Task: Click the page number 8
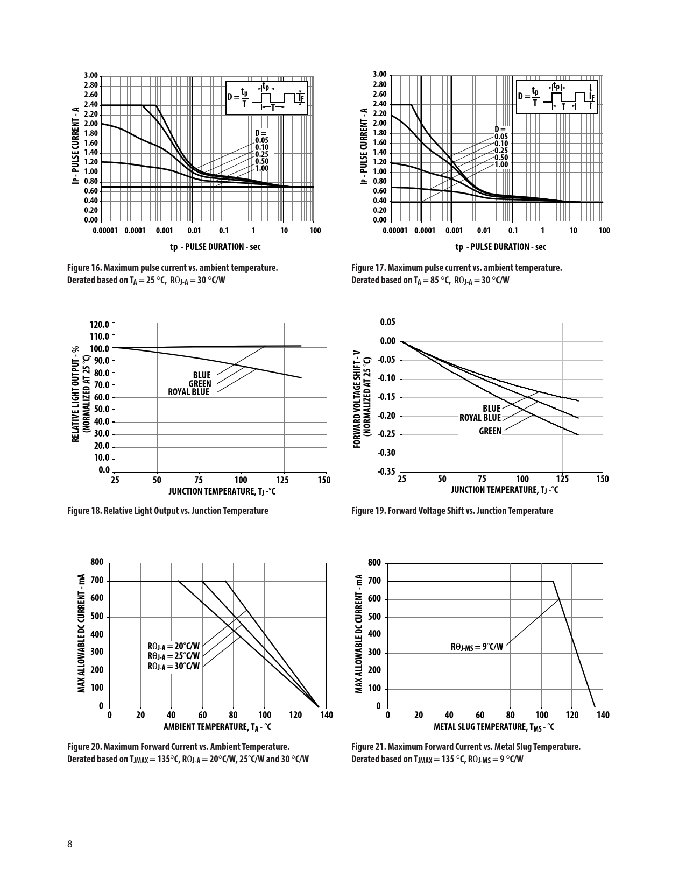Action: pyautogui.click(x=70, y=843)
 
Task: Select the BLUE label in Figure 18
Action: pyautogui.click(x=202, y=375)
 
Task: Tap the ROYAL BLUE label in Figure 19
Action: pyautogui.click(x=479, y=418)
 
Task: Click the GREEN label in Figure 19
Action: pyautogui.click(x=490, y=431)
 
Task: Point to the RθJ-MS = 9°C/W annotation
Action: pyautogui.click(x=477, y=647)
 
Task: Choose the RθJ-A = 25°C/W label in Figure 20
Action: pyautogui.click(x=173, y=656)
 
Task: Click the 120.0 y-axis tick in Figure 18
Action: pyautogui.click(x=100, y=325)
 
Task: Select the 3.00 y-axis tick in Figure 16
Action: pyautogui.click(x=91, y=75)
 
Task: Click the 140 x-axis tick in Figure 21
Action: pyautogui.click(x=603, y=715)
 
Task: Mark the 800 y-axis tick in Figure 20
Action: pyautogui.click(x=97, y=562)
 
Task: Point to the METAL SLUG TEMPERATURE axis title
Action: pyautogui.click(x=494, y=727)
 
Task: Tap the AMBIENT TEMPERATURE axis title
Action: pyautogui.click(x=217, y=727)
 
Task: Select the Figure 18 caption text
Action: pyautogui.click(x=167, y=511)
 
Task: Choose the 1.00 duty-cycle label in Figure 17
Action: pyautogui.click(x=501, y=164)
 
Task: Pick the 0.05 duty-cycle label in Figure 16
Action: pyautogui.click(x=261, y=140)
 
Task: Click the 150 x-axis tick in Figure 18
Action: pyautogui.click(x=324, y=480)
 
